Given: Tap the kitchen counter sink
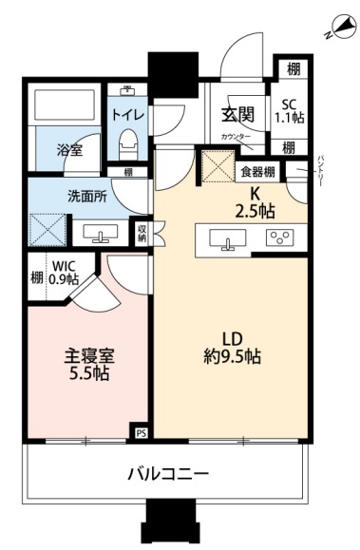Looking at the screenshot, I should tap(228, 239).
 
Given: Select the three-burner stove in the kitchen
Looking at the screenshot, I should tap(279, 238).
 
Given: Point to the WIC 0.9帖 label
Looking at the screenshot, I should tap(64, 273).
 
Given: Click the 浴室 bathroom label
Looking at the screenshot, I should tap(67, 150).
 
